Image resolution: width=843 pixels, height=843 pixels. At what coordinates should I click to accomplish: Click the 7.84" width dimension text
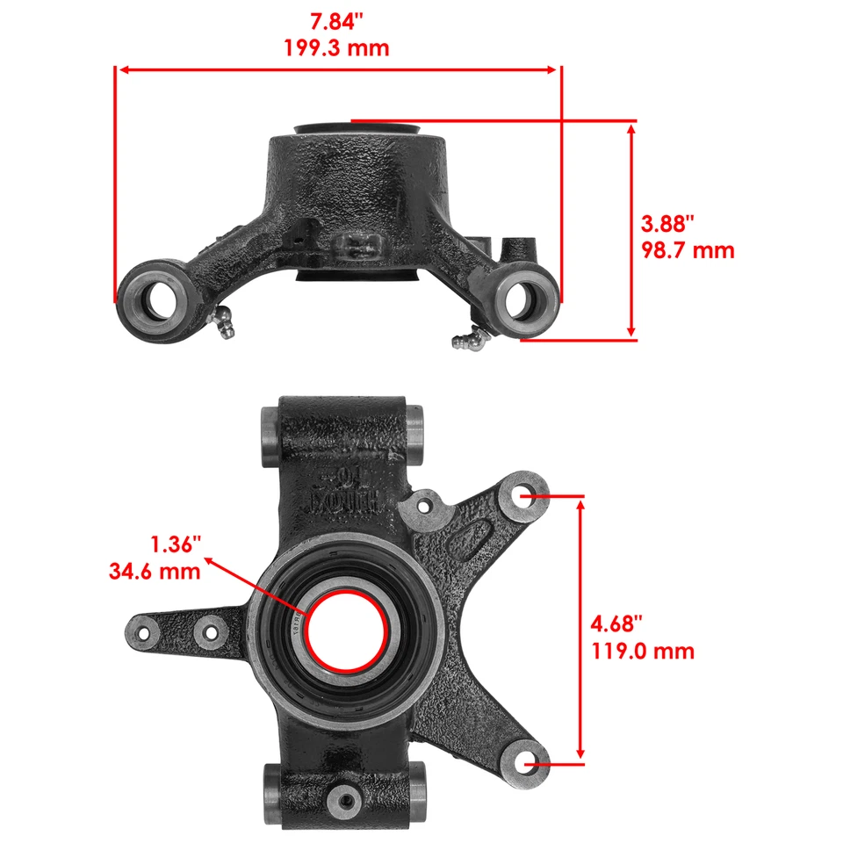pos(338,19)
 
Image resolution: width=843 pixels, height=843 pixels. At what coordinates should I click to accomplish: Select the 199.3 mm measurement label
pos(337,47)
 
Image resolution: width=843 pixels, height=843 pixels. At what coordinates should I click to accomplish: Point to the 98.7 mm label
pos(688,250)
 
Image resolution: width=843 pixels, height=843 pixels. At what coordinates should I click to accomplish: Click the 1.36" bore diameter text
pos(177,544)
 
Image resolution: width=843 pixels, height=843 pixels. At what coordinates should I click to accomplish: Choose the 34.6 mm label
pos(155,572)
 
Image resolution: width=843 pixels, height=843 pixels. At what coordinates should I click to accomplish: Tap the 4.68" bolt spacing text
pos(616,623)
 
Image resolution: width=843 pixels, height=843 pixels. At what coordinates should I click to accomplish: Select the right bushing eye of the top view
pos(527,299)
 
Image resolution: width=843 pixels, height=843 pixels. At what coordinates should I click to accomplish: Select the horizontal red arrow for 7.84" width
pos(338,69)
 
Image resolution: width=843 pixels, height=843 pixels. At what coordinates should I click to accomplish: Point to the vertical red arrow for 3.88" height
pos(631,230)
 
